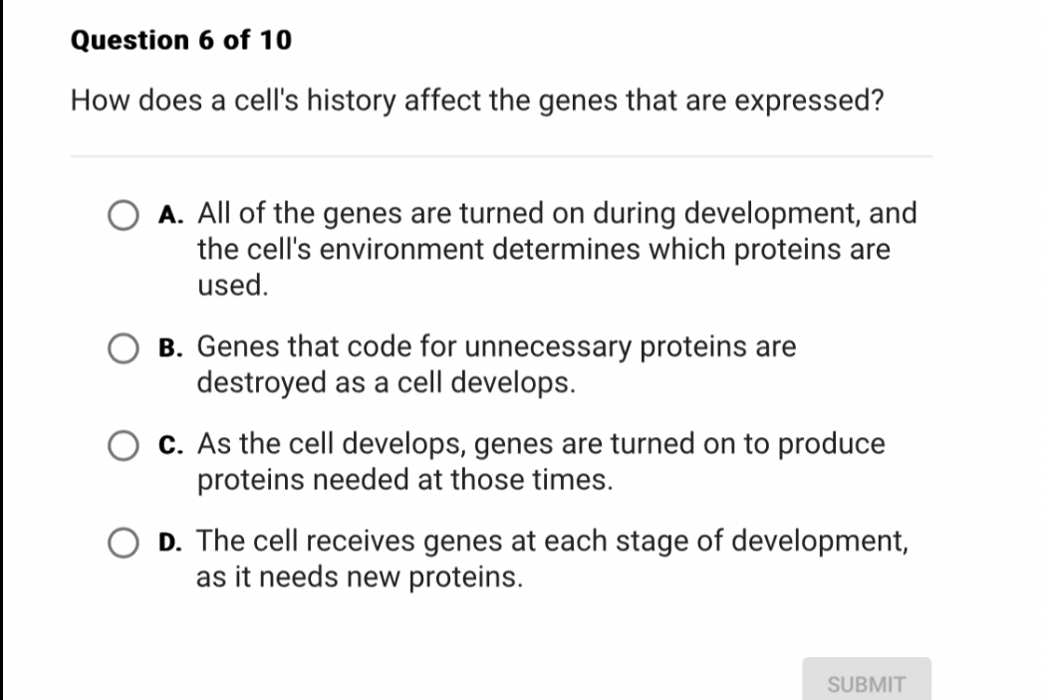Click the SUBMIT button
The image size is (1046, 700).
click(x=867, y=684)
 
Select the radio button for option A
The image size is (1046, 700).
click(x=124, y=216)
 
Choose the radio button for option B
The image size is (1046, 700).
click(x=124, y=350)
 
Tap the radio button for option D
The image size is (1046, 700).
click(x=124, y=544)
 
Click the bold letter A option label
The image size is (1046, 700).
click(x=169, y=214)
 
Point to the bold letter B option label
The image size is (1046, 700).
click(x=169, y=348)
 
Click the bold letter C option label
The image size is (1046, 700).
click(x=169, y=444)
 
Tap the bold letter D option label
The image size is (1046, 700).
click(x=169, y=542)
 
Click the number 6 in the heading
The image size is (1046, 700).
click(x=206, y=41)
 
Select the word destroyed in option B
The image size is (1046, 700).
click(x=262, y=382)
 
